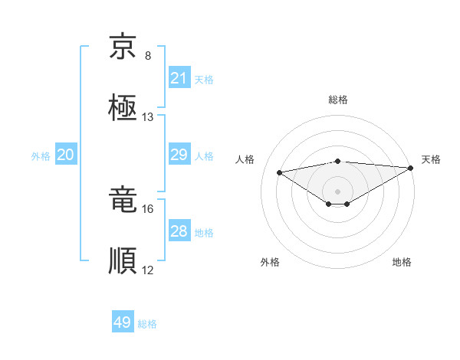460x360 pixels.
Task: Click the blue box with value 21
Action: point(179,78)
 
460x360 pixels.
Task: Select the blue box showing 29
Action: point(179,155)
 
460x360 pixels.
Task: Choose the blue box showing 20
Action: point(65,155)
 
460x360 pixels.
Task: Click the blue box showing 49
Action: point(123,322)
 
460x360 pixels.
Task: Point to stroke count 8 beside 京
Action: point(148,56)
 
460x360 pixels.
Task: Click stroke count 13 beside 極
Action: point(148,117)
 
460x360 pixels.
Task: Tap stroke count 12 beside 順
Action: point(148,270)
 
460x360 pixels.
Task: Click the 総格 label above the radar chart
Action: point(338,100)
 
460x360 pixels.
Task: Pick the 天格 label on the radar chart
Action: point(432,159)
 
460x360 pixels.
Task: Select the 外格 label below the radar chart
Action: point(270,262)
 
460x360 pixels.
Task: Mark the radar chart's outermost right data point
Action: point(412,168)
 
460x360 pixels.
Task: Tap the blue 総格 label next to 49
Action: point(147,324)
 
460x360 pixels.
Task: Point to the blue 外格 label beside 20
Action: point(41,156)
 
